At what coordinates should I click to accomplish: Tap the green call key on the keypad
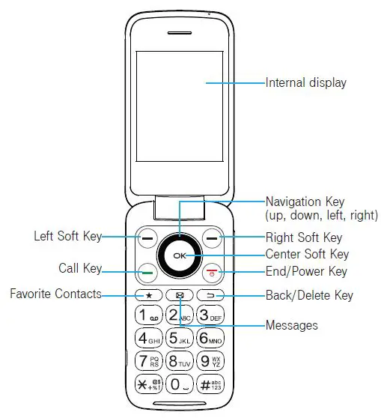pyautogui.click(x=148, y=273)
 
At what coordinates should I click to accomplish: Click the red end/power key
pyautogui.click(x=212, y=273)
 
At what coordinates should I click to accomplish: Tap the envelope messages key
pyautogui.click(x=180, y=295)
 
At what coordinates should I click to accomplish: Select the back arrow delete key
pyautogui.click(x=210, y=295)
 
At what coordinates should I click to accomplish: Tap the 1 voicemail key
pyautogui.click(x=148, y=315)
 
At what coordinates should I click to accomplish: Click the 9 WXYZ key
pyautogui.click(x=210, y=361)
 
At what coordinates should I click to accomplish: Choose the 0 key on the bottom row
pyautogui.click(x=180, y=384)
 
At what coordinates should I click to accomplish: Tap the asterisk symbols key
pyautogui.click(x=148, y=384)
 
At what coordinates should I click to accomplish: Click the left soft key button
pyautogui.click(x=148, y=238)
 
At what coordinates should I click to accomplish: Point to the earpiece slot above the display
pyautogui.click(x=180, y=33)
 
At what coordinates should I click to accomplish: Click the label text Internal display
pyautogui.click(x=306, y=82)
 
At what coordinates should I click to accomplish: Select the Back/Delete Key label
pyautogui.click(x=309, y=295)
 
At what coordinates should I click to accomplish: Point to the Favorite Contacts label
pyautogui.click(x=55, y=294)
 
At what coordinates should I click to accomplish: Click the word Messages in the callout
pyautogui.click(x=292, y=325)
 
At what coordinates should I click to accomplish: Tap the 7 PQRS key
pyautogui.click(x=148, y=361)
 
